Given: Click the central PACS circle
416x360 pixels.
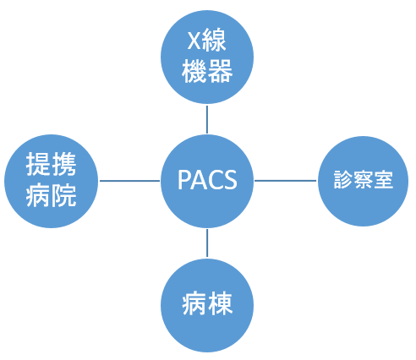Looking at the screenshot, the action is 207,181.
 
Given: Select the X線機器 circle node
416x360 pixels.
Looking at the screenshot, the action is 207,57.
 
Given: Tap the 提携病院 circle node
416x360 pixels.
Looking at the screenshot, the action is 52,181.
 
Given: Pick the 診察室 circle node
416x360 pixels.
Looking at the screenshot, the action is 363,181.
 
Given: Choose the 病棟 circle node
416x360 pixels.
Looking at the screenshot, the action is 207,305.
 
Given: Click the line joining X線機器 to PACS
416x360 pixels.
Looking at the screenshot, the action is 207,119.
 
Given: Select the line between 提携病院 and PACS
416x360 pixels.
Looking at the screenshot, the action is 129,181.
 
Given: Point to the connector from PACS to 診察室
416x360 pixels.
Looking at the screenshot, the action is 286,181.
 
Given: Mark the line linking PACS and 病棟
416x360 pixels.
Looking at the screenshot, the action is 207,243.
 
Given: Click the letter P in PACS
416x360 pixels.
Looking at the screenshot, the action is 183,180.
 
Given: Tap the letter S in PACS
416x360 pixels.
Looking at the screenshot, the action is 231,180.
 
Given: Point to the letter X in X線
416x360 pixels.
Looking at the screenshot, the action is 194,41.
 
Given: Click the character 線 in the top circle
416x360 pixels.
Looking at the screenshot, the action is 214,40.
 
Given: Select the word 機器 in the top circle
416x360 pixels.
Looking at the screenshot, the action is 207,71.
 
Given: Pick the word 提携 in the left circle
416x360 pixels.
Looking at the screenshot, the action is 51,164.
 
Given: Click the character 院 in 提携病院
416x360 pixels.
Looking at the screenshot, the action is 64,195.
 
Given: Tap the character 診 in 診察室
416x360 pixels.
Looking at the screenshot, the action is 343,179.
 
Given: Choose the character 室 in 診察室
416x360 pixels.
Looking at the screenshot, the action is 383,179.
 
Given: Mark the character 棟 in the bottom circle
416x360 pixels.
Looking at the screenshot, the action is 220,303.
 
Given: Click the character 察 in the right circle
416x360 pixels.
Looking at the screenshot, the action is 363,179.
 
